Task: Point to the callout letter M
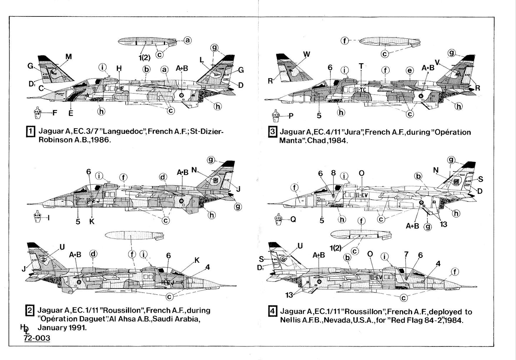click(69, 56)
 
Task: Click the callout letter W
click(306, 54)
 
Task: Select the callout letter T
click(361, 66)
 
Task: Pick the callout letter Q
click(294, 219)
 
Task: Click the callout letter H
click(119, 68)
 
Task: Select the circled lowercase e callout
click(409, 71)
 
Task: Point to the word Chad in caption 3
click(314, 141)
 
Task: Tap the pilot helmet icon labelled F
click(37, 113)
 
